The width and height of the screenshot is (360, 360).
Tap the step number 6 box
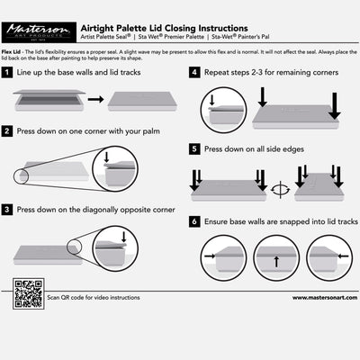point(195,220)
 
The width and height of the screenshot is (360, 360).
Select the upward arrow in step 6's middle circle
point(275,261)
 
